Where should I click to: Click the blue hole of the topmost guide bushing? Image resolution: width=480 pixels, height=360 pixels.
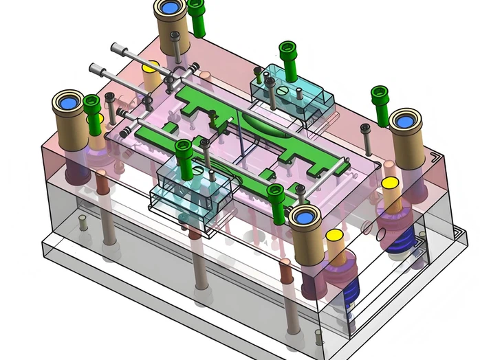click(169, 9)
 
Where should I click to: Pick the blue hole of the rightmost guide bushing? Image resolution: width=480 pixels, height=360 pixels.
click(406, 121)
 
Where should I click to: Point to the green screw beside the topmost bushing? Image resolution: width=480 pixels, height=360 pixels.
click(197, 16)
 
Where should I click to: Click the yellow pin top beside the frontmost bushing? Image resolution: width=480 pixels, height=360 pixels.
click(335, 236)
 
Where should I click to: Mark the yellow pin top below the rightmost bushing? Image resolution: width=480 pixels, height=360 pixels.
click(390, 184)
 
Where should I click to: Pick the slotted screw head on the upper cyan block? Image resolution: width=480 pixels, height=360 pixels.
click(270, 84)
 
